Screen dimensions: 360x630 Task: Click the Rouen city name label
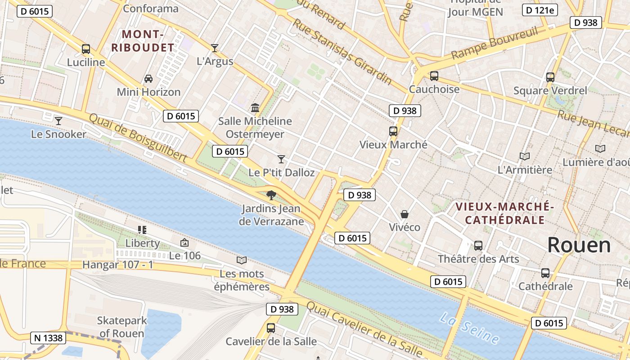click(x=579, y=245)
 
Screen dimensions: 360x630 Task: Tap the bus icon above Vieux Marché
click(x=393, y=131)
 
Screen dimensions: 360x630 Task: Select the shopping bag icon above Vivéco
click(x=405, y=214)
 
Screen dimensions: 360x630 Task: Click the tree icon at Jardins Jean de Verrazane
click(x=271, y=195)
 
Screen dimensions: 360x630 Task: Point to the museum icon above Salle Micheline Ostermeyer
click(x=255, y=108)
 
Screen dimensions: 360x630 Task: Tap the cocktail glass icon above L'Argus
click(x=215, y=48)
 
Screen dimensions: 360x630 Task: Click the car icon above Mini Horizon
click(x=148, y=79)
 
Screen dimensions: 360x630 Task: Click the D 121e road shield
click(x=540, y=10)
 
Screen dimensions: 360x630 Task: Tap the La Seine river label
click(x=469, y=328)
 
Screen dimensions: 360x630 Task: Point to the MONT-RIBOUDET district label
click(x=143, y=41)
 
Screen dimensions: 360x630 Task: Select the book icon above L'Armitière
click(x=524, y=156)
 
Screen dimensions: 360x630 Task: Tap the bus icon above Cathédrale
click(x=545, y=273)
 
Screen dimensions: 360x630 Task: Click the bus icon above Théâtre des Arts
click(x=478, y=246)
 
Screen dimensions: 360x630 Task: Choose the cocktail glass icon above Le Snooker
click(x=58, y=121)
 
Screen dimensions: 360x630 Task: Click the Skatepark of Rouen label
click(x=121, y=327)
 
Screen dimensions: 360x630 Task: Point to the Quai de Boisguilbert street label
click(x=138, y=137)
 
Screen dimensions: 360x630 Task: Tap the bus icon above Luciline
click(x=85, y=49)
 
